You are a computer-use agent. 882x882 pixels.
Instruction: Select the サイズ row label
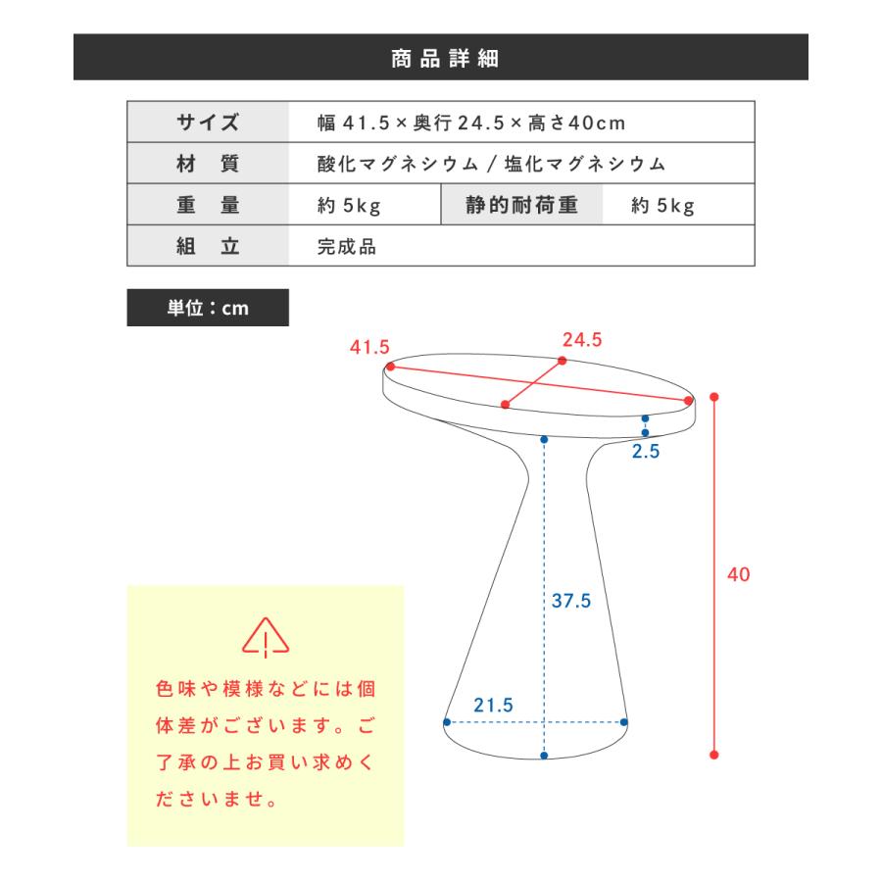tap(208, 122)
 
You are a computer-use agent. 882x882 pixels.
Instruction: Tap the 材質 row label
tap(208, 164)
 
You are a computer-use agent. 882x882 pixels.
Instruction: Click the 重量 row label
tap(208, 205)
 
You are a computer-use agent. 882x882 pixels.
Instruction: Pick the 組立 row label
tap(208, 246)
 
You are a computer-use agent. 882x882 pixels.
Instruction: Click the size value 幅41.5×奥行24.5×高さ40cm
tap(471, 122)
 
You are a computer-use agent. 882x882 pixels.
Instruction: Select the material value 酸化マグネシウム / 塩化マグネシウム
tap(491, 164)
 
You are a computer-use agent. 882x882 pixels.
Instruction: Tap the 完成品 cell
tap(347, 246)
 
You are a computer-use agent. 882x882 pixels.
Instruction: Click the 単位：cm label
tap(208, 308)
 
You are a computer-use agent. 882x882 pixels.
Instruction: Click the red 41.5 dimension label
tap(369, 347)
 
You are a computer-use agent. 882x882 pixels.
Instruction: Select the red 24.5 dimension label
tap(582, 340)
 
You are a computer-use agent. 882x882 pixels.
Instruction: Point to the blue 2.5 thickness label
tap(646, 453)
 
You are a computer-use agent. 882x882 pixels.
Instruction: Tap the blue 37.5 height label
tap(570, 601)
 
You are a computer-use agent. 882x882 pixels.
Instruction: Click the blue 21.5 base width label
tap(493, 705)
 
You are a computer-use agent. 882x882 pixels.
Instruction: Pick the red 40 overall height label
tap(738, 574)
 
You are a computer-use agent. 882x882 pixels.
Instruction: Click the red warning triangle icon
tap(266, 638)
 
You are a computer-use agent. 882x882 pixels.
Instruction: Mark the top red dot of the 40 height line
tap(714, 397)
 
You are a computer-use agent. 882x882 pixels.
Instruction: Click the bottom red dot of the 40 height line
tap(714, 755)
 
